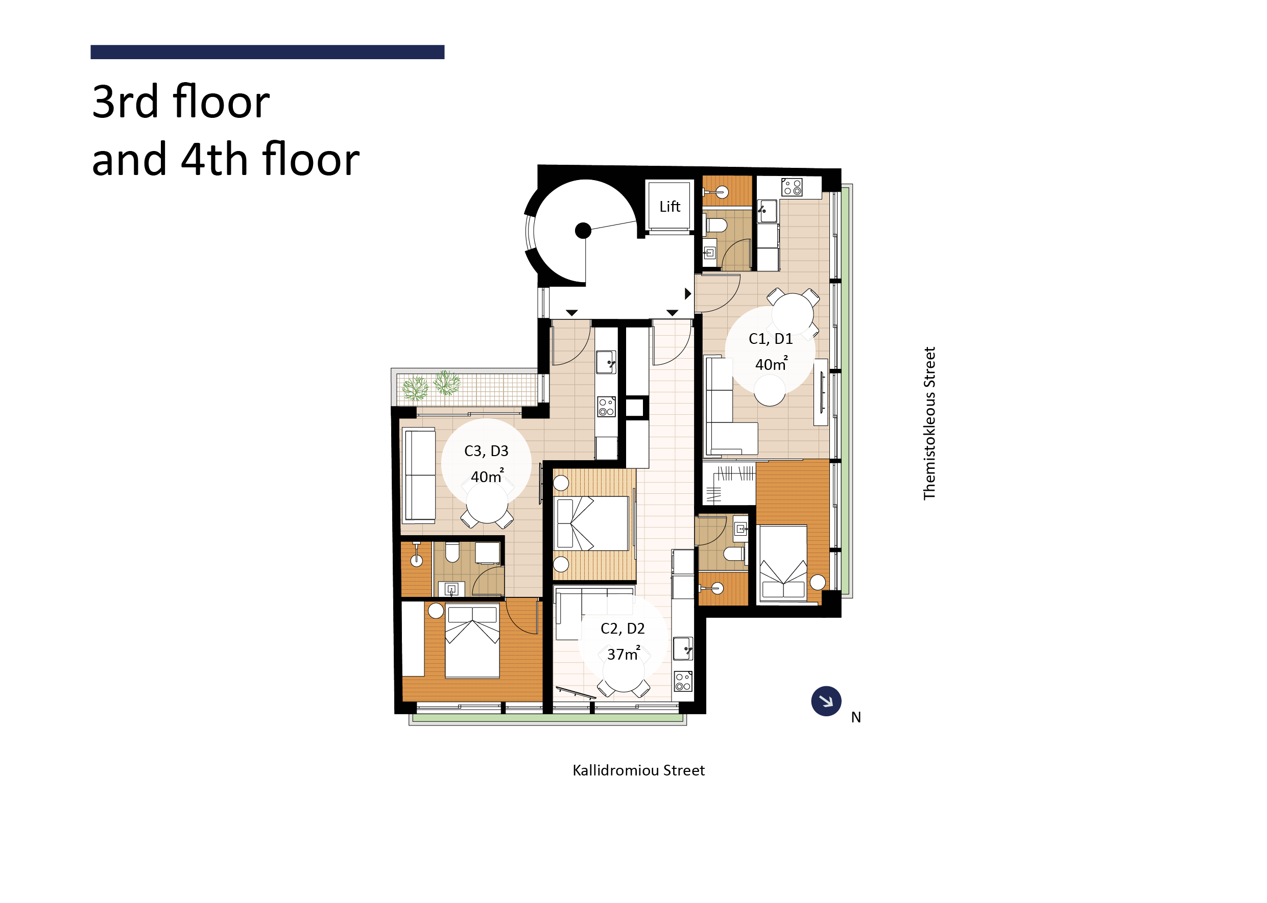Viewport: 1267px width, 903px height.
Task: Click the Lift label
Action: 670,207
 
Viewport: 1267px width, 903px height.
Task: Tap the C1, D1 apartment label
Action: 770,339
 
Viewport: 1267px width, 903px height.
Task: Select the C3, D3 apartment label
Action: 486,451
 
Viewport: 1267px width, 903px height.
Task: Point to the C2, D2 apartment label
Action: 622,629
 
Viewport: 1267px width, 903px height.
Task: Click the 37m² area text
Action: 623,654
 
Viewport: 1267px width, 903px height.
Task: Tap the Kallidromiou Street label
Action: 638,771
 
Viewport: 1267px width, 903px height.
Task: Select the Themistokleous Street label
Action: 929,423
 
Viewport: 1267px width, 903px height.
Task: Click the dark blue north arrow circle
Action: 826,701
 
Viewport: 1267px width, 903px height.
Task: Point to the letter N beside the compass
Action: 856,718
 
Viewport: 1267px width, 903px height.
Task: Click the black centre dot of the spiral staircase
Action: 583,230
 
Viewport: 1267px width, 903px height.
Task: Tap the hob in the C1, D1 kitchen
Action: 791,187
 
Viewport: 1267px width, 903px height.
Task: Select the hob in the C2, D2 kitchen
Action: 683,681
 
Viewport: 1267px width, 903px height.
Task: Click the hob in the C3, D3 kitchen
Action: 606,407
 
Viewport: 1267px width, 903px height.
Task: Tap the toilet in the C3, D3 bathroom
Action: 452,552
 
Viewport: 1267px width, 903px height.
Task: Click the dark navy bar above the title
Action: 267,52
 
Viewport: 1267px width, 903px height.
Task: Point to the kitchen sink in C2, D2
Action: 683,648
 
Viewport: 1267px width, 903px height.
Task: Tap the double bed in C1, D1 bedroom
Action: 783,563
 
